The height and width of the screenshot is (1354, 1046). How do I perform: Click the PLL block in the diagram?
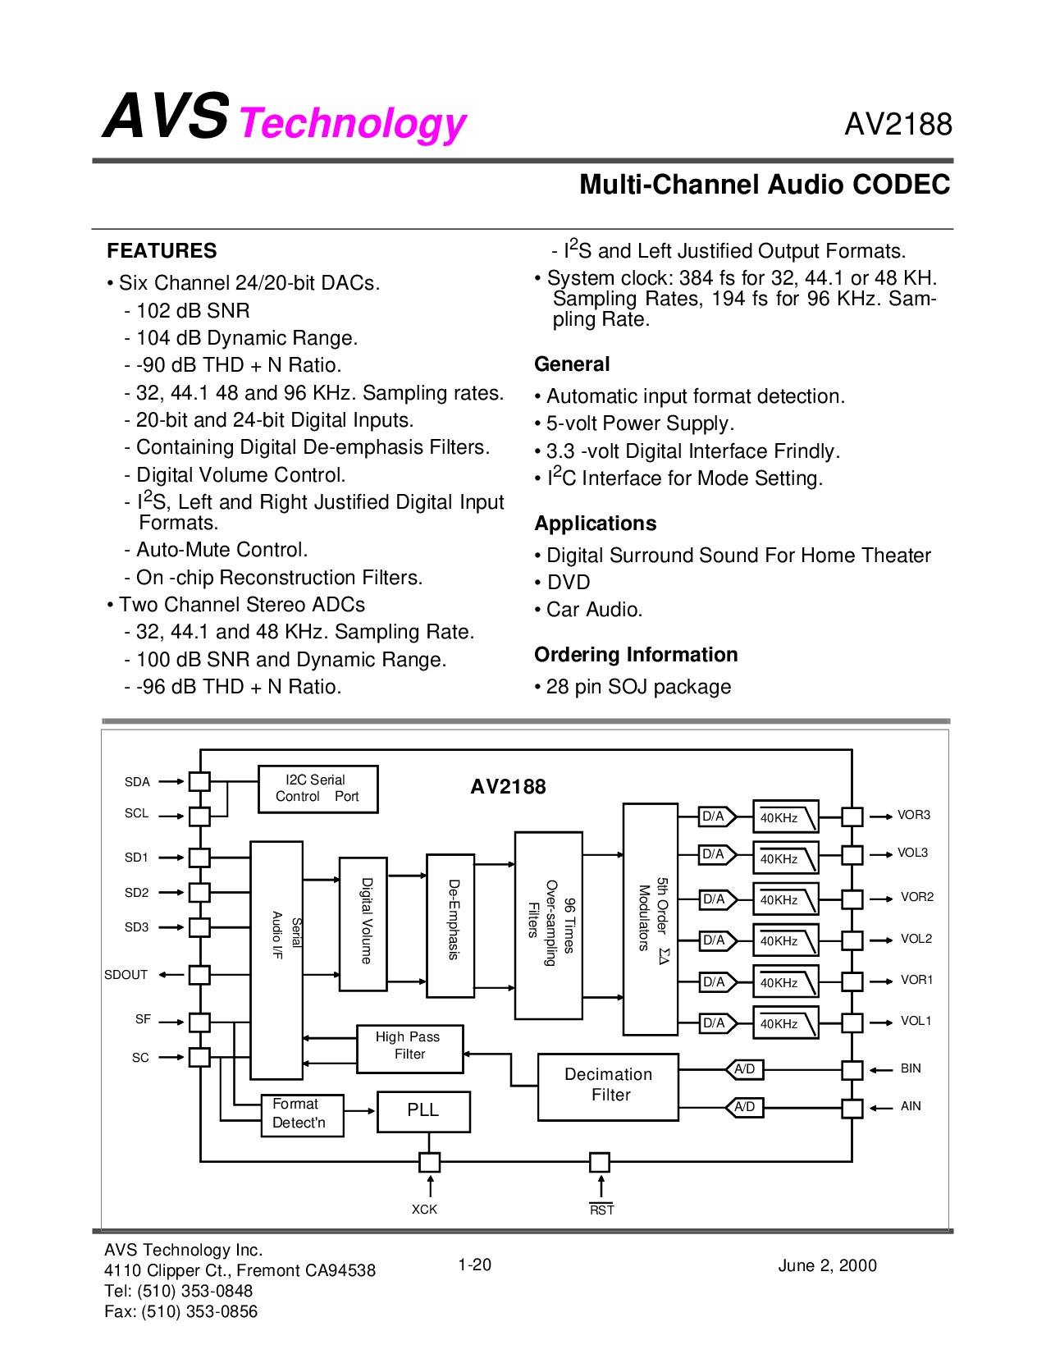[423, 1111]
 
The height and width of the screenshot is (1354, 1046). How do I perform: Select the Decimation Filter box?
[608, 1086]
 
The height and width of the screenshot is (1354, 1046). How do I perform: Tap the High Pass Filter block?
[409, 1047]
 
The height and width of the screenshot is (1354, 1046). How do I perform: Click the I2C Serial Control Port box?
[317, 789]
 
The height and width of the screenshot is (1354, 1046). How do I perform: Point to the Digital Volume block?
[363, 923]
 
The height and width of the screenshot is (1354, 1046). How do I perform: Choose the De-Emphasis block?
[450, 925]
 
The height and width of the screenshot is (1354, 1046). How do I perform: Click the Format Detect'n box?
[301, 1114]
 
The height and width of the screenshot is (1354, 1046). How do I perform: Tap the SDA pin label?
[137, 782]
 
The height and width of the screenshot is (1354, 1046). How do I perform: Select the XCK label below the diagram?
[424, 1210]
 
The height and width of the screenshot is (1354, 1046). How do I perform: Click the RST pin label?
[601, 1210]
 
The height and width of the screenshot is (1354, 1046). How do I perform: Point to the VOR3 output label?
[913, 815]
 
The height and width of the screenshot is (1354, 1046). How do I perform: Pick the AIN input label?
[911, 1106]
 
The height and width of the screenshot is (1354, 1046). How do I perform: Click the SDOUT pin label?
[126, 975]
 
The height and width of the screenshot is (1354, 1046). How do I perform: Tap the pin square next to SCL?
[199, 817]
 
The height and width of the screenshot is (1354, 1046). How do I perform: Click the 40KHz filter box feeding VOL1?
[785, 1023]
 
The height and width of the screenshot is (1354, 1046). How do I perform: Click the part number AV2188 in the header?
[898, 125]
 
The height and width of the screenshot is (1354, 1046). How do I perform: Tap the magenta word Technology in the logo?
[353, 123]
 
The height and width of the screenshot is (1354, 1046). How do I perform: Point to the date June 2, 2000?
[827, 1265]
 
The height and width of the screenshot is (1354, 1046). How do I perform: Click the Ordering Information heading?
[636, 655]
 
